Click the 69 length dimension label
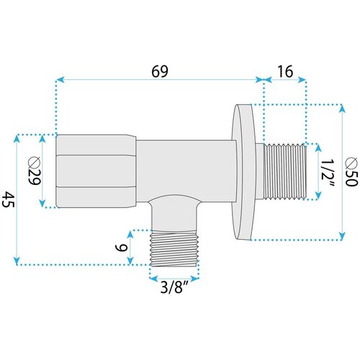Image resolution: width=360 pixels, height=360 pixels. pos(160,71)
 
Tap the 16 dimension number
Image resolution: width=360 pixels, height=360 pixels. pos(285,71)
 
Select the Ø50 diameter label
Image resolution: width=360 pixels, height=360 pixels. pos(351,171)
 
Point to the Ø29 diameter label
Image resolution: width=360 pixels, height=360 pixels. pos(35,171)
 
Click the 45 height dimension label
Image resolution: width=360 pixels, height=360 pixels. pos(9,199)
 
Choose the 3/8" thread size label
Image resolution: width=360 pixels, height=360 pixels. pos(174,287)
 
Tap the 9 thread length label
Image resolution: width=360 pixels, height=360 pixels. pos(121,248)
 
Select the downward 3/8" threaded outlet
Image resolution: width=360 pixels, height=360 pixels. pos(174,248)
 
